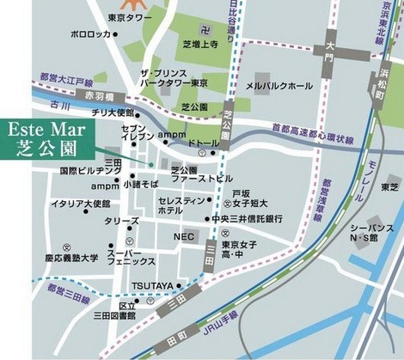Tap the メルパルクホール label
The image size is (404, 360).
point(279,86)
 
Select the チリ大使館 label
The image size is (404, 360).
point(113,113)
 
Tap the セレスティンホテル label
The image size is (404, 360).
point(181,204)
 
